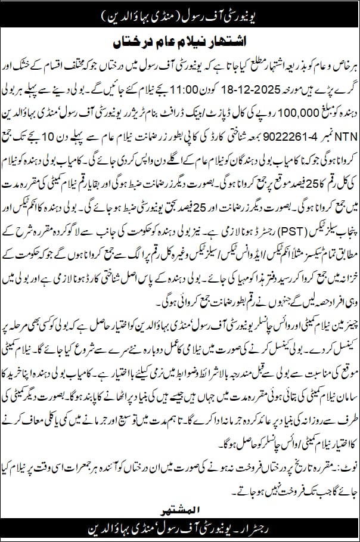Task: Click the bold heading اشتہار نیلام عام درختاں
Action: [179, 44]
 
